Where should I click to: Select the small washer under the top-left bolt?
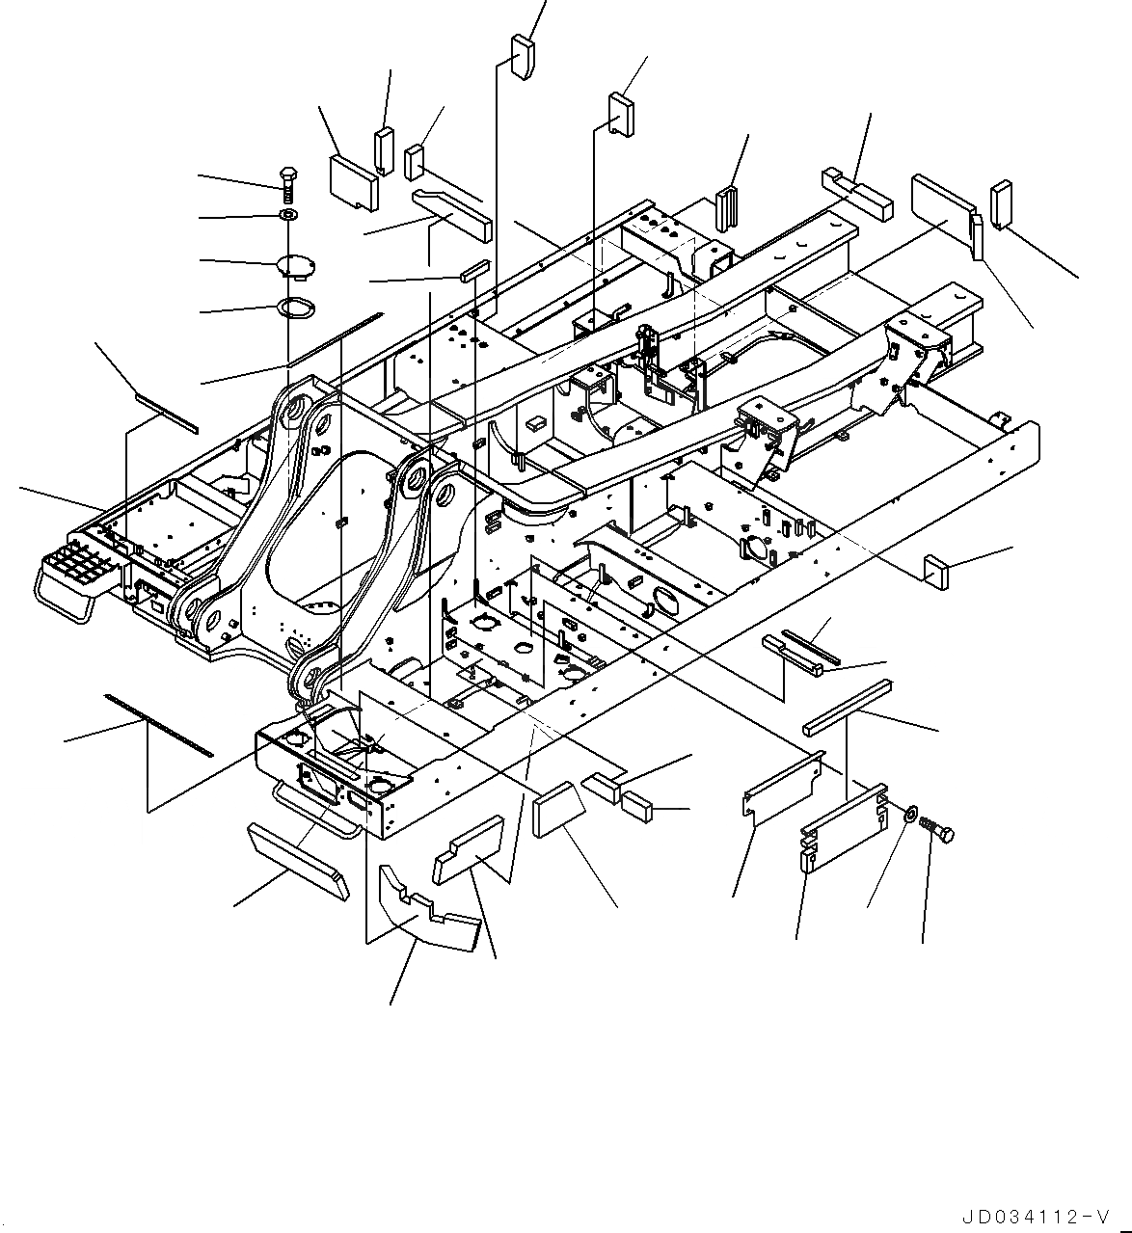[288, 213]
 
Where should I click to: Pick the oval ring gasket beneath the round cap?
[295, 308]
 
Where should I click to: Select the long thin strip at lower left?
[159, 724]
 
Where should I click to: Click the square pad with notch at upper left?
[352, 182]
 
